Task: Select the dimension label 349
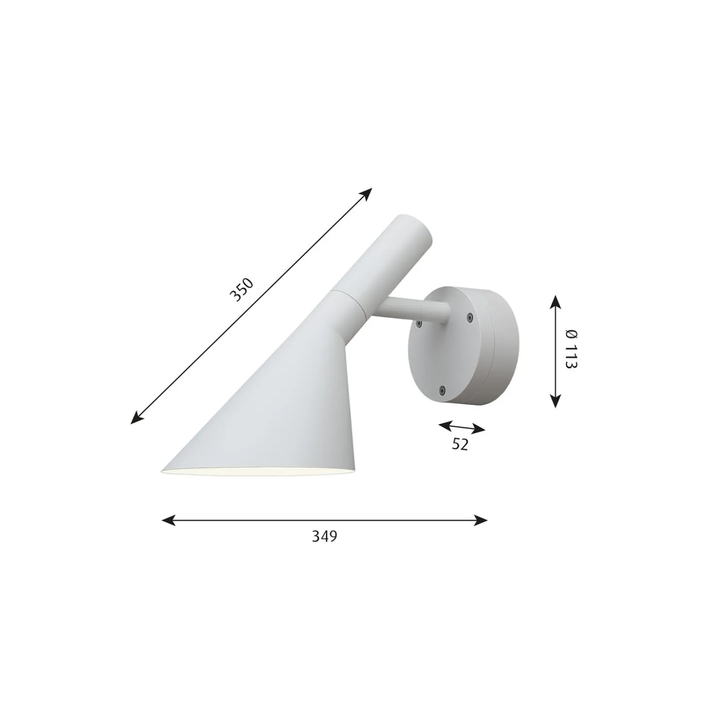[324, 537]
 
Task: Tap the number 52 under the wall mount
[460, 444]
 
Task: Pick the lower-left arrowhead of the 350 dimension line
[135, 420]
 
